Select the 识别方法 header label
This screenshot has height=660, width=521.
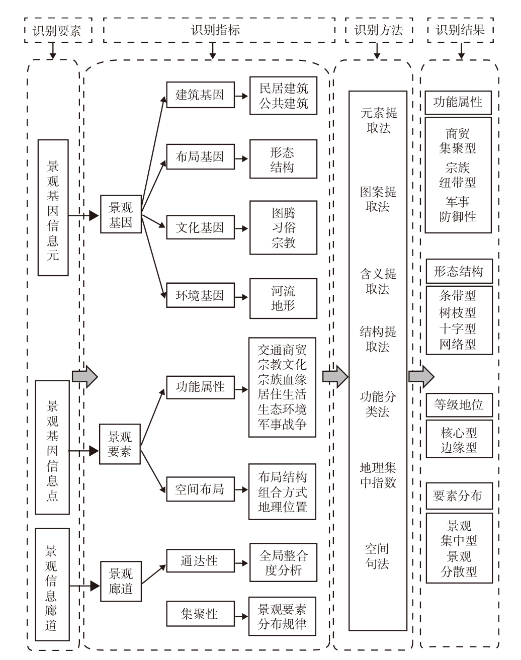[x=379, y=30]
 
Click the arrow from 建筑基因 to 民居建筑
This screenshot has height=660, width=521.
[x=241, y=96]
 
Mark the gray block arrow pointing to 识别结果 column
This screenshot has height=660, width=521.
[x=421, y=376]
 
